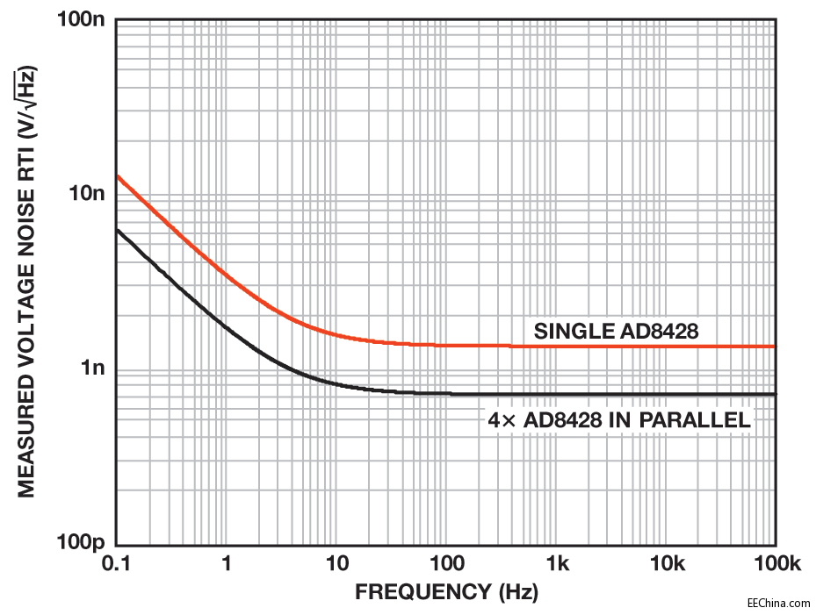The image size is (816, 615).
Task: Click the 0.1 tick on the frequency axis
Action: [117, 563]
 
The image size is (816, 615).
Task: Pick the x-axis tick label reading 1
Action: [227, 563]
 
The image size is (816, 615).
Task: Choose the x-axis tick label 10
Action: [336, 563]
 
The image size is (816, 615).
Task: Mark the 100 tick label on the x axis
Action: [446, 563]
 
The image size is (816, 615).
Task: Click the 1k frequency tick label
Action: [556, 563]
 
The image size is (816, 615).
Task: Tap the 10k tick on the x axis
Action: [666, 563]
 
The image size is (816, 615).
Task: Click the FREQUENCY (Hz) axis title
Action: [446, 592]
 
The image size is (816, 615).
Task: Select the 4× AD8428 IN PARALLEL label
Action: [619, 420]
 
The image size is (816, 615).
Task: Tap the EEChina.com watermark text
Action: [778, 603]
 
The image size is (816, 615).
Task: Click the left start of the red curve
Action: [119, 176]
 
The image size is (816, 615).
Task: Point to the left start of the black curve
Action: [119, 230]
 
